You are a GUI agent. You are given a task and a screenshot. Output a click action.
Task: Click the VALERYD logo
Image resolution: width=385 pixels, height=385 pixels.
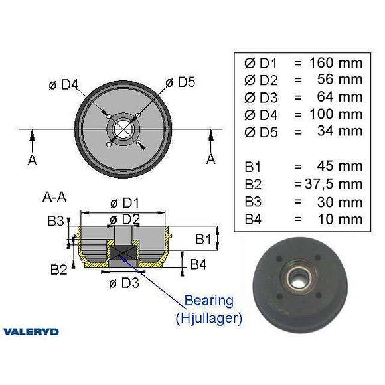coord(31,331)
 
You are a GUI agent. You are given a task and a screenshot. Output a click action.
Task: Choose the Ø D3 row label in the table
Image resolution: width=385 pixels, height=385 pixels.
coord(259,97)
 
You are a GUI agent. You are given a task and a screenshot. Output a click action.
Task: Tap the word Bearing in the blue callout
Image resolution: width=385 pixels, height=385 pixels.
coord(209,300)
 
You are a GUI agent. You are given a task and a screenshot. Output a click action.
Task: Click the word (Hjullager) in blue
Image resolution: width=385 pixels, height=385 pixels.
coord(209,318)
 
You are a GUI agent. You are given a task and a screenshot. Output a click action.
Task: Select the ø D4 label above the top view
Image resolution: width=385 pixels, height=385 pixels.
coord(64,85)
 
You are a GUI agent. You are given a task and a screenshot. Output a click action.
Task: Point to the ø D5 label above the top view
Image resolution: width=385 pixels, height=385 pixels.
coord(181,82)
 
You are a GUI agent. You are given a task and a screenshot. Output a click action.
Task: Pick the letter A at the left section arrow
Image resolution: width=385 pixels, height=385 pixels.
coord(33,160)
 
